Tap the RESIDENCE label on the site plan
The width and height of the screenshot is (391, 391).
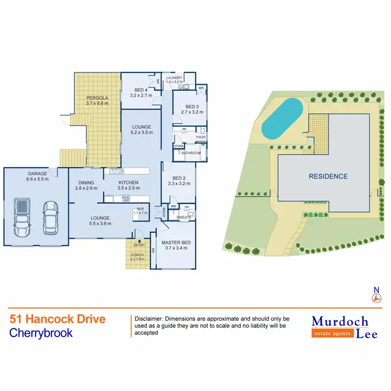[x=328, y=176]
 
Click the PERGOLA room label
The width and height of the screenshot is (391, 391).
[x=97, y=97]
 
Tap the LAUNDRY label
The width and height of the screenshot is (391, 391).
[x=174, y=78]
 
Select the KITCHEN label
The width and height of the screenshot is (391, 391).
[x=128, y=182]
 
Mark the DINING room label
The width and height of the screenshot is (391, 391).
[x=86, y=182]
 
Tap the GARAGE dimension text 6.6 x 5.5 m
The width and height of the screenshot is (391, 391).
[x=38, y=179]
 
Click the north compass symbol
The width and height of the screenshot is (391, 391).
[x=376, y=298]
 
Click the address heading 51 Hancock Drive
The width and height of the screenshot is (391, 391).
[x=57, y=319]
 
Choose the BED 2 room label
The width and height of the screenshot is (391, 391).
[x=177, y=178]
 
